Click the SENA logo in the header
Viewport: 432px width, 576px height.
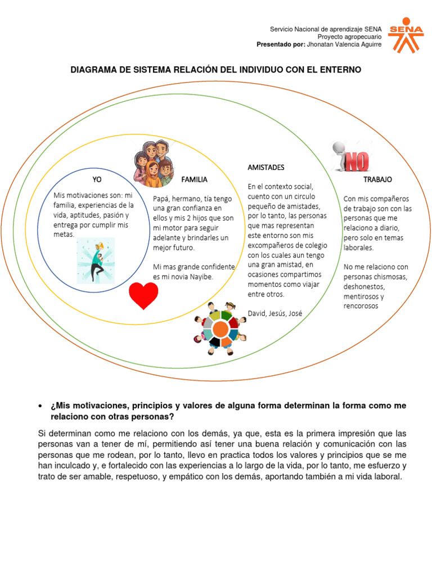point(406,34)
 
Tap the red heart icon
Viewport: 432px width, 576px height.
point(143,295)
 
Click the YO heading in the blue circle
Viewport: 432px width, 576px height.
point(97,179)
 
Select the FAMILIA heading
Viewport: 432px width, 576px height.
point(195,179)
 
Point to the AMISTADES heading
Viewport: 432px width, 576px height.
point(266,167)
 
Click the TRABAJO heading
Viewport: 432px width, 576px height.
point(378,179)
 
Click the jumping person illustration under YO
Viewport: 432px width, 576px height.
point(96,260)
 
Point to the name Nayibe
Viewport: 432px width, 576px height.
point(201,276)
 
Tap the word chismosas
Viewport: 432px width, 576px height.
point(389,277)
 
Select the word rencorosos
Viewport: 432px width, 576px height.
point(361,306)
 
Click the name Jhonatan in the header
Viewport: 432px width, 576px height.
point(325,44)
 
